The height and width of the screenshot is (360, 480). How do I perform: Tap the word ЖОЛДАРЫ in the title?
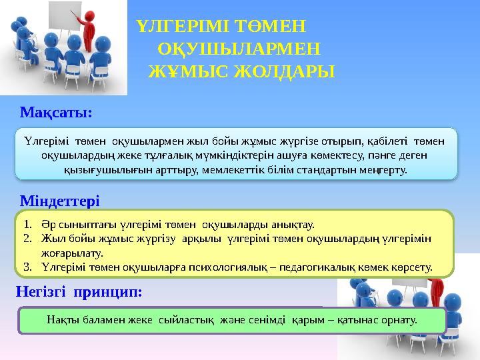coord(279,71)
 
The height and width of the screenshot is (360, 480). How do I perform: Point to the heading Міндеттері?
coord(61,200)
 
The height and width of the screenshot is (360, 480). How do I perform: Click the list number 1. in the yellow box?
coord(27,225)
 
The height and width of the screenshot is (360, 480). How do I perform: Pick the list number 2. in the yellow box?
coord(27,239)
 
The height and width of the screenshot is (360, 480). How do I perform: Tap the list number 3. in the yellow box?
coord(27,267)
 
